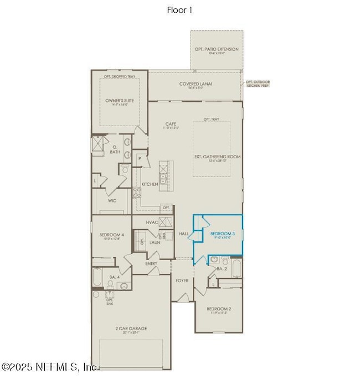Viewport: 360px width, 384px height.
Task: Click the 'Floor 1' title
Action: point(180,9)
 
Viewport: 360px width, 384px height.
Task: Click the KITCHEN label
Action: point(150,184)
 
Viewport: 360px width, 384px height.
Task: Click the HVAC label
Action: point(152,222)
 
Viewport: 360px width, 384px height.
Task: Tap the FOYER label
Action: point(182,281)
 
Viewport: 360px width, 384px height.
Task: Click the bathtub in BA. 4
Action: point(97,277)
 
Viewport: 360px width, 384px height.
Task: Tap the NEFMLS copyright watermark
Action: point(50,367)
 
